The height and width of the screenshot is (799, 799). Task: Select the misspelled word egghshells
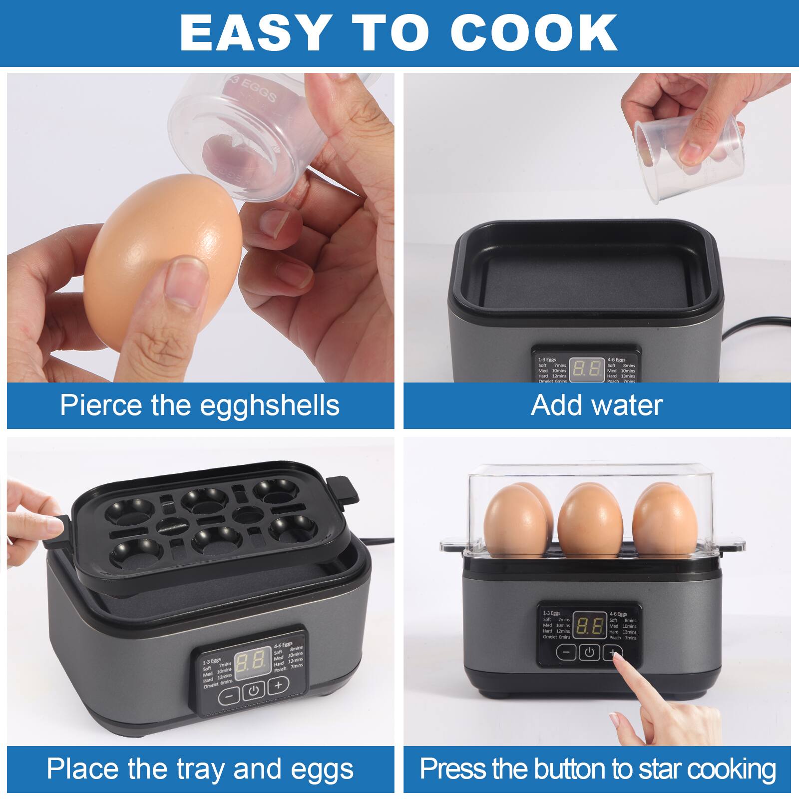270,405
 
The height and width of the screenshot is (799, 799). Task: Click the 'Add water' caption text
597,405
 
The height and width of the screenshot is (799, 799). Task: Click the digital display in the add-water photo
586,369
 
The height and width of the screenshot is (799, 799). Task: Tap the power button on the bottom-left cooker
254,691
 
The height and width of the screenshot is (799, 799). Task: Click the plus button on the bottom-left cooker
278,685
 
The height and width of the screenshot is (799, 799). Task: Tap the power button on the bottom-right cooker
589,652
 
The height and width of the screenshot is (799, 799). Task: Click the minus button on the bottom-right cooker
566,652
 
